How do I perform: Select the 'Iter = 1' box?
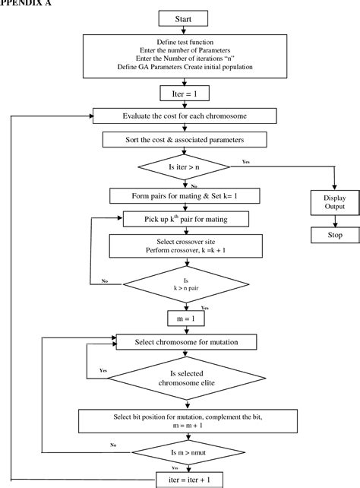[180, 93]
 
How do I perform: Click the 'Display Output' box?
[330, 204]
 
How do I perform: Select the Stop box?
[330, 236]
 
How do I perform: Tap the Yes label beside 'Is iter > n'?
[246, 161]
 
